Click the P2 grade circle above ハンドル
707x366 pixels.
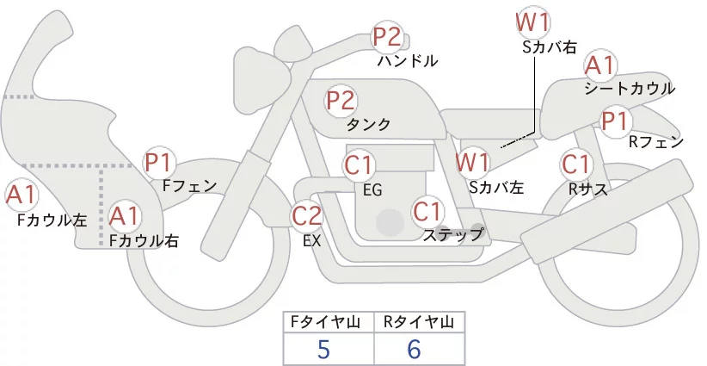click(x=387, y=38)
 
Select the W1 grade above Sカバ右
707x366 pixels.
click(x=533, y=22)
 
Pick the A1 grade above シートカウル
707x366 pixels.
click(x=599, y=65)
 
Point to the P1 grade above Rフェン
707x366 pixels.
click(x=615, y=121)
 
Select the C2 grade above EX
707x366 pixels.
click(x=307, y=214)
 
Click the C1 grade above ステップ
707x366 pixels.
click(x=427, y=210)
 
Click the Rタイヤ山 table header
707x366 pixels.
click(x=417, y=322)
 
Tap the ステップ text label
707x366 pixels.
click(x=452, y=233)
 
